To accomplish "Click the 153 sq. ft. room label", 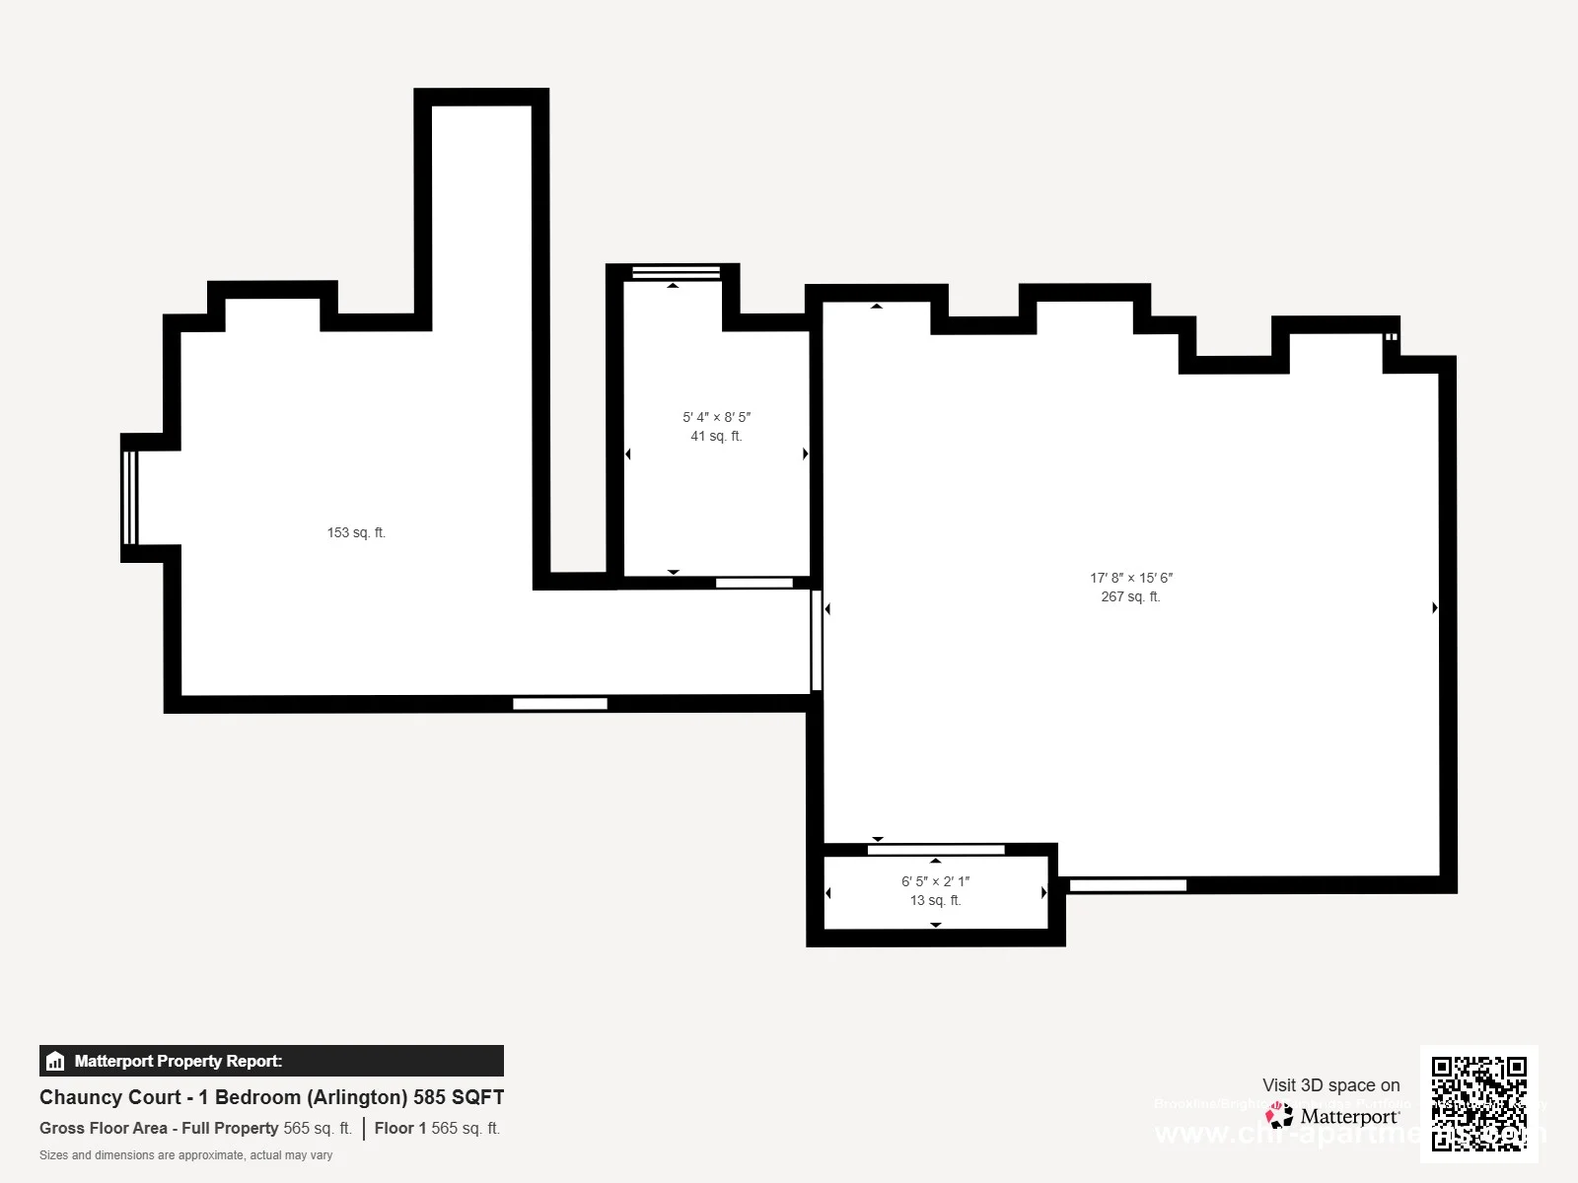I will [356, 533].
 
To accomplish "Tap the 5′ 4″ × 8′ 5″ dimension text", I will [716, 418].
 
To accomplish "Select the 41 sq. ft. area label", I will [716, 437].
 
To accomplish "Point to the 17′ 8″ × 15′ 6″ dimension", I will [1131, 579].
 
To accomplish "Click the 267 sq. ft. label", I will [1130, 597].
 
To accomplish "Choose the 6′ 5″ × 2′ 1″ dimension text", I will [935, 882].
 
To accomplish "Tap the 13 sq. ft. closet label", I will [935, 901].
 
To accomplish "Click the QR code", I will [1478, 1103].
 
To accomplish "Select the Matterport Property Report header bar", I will [271, 1061].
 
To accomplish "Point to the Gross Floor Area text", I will [195, 1129].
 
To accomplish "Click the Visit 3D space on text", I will [1330, 1085].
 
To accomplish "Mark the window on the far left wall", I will [129, 498].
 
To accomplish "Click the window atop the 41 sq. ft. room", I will [676, 272].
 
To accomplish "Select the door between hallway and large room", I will [816, 640].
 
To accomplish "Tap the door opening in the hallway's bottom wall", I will [560, 704].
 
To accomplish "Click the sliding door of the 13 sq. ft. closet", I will [936, 850].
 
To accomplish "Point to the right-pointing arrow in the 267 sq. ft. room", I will [1435, 608].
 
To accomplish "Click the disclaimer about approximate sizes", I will [185, 1155].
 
